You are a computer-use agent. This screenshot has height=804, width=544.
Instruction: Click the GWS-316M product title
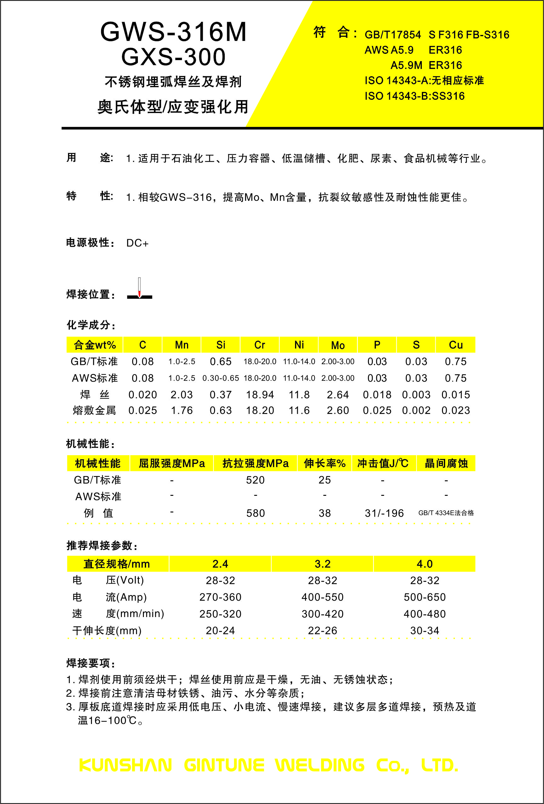[x=173, y=32]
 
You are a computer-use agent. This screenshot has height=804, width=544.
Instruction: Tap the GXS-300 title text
[x=173, y=57]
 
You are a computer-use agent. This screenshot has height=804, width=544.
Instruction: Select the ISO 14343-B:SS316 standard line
[x=414, y=96]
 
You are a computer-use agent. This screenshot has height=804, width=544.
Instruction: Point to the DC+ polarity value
[x=137, y=243]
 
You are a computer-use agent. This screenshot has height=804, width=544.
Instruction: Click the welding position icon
[x=139, y=289]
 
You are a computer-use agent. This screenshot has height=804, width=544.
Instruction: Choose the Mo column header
[x=338, y=345]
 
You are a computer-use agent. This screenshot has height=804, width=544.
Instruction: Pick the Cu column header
[x=456, y=345]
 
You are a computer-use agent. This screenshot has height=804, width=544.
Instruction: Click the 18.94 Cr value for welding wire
[x=260, y=395]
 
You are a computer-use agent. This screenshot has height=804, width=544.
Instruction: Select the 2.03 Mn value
[x=182, y=395]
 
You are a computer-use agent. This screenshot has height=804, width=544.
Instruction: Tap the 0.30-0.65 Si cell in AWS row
[x=221, y=378]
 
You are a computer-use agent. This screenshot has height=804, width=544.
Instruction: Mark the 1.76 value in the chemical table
[x=182, y=410]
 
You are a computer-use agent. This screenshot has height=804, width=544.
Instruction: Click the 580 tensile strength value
[x=255, y=513]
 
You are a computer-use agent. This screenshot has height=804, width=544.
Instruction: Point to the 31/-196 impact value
[x=384, y=513]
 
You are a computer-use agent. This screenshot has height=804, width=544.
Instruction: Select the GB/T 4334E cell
[x=446, y=513]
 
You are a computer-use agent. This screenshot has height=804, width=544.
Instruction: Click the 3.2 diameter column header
[x=322, y=564]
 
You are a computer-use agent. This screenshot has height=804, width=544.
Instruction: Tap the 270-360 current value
[x=220, y=597]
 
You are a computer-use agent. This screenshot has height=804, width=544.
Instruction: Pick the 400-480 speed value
[x=425, y=614]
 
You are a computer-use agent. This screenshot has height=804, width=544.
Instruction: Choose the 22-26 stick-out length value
[x=322, y=631]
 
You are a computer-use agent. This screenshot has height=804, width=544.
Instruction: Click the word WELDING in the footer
[x=320, y=765]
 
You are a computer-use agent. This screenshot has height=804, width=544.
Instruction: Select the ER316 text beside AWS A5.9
[x=445, y=50]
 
